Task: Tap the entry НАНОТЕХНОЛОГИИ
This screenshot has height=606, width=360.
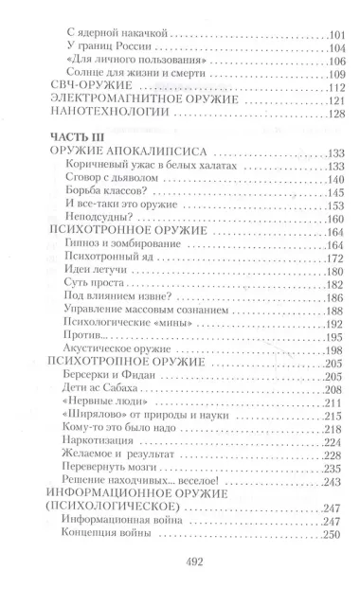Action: click(105, 114)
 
